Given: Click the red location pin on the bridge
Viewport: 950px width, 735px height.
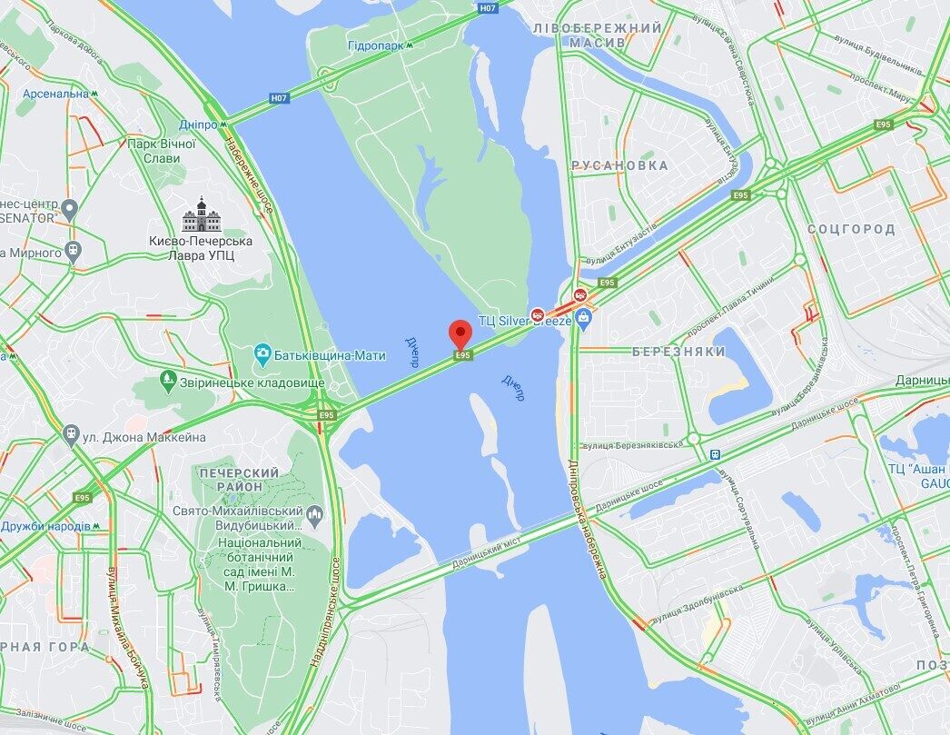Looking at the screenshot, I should click(x=461, y=332).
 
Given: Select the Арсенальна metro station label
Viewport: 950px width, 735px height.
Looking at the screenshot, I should click(x=55, y=93).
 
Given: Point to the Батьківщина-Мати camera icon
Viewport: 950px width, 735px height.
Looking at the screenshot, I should click(x=262, y=353).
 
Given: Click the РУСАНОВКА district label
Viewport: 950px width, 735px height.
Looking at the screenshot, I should click(x=619, y=165).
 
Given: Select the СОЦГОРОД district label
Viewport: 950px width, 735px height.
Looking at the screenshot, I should click(x=851, y=229).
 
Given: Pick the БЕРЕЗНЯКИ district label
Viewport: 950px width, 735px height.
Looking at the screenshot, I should click(x=679, y=351).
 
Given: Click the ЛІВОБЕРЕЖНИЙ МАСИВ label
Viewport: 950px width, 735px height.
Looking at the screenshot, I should click(x=599, y=35).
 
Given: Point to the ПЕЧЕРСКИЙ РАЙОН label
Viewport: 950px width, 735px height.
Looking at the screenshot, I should click(x=239, y=480).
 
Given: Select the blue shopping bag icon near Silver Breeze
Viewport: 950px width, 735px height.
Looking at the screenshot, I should click(x=583, y=317).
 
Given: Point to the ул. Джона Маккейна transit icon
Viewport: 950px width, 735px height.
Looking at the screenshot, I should click(x=71, y=436).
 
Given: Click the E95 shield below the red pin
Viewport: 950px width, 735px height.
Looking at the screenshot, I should click(x=463, y=355).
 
